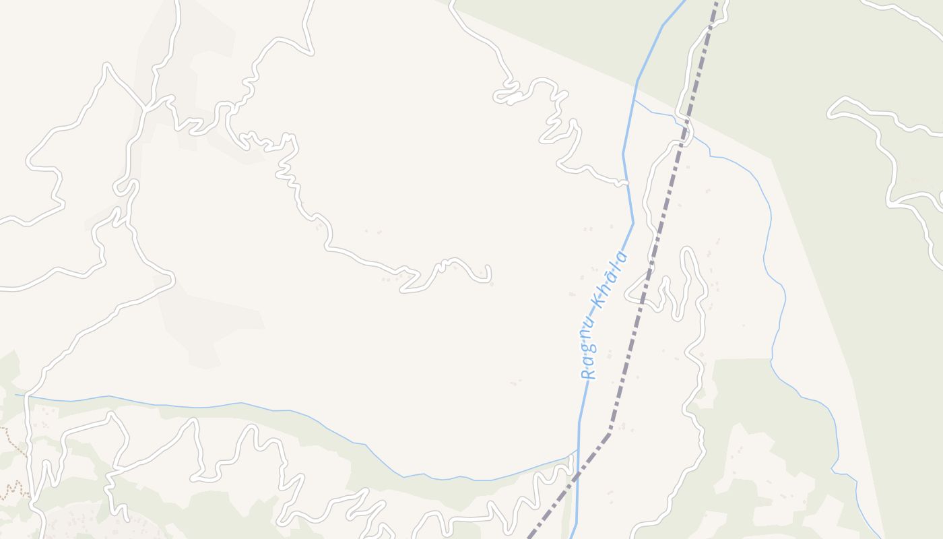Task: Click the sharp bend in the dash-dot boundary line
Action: point(610,431)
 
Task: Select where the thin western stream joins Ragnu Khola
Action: point(577,450)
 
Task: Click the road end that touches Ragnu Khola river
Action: point(626,183)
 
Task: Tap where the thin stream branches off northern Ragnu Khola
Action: point(635,101)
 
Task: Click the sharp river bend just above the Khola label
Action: point(633,223)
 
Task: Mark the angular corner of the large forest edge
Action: point(771,160)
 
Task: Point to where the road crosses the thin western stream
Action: point(28,396)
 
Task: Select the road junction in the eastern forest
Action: point(890,201)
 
